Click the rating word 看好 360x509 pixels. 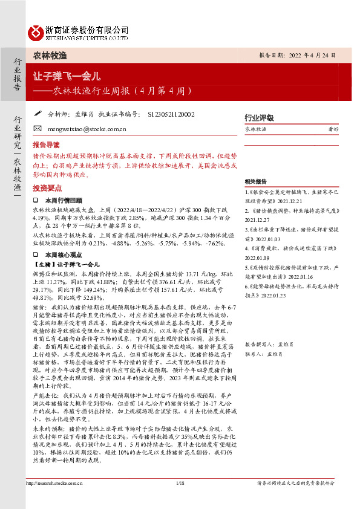(x=333, y=129)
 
